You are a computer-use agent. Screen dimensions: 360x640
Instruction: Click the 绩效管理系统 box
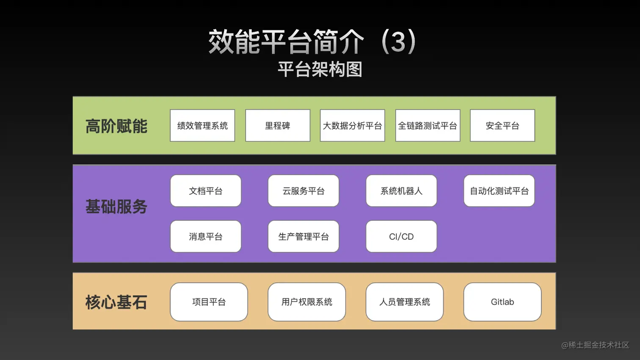(202, 126)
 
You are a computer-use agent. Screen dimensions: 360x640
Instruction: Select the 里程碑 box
(278, 126)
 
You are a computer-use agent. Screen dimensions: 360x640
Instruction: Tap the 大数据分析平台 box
(352, 126)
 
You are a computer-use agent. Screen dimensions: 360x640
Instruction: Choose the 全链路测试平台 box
(428, 126)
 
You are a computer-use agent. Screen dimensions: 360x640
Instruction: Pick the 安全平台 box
(502, 126)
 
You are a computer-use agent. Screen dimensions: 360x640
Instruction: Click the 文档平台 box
(206, 191)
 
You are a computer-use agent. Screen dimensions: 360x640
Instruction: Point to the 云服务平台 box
(303, 191)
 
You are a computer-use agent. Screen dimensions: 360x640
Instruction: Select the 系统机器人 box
(401, 191)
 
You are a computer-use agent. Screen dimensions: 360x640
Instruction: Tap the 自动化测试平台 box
(499, 191)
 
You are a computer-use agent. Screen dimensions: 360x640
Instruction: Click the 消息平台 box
(206, 236)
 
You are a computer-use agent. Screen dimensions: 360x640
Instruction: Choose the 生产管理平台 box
(303, 236)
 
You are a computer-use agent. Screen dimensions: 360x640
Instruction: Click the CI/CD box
(401, 236)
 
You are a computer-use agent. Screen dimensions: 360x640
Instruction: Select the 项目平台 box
(209, 302)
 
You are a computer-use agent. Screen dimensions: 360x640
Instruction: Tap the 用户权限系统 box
(307, 302)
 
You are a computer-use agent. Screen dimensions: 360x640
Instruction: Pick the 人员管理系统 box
(405, 302)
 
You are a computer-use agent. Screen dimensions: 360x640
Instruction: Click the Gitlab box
(502, 302)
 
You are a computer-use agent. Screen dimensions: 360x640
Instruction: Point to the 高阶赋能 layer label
(116, 126)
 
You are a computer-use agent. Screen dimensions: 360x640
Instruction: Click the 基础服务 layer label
(116, 207)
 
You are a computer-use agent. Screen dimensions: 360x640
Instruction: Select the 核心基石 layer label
(116, 302)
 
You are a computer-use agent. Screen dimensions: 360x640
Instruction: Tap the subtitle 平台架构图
(320, 69)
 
